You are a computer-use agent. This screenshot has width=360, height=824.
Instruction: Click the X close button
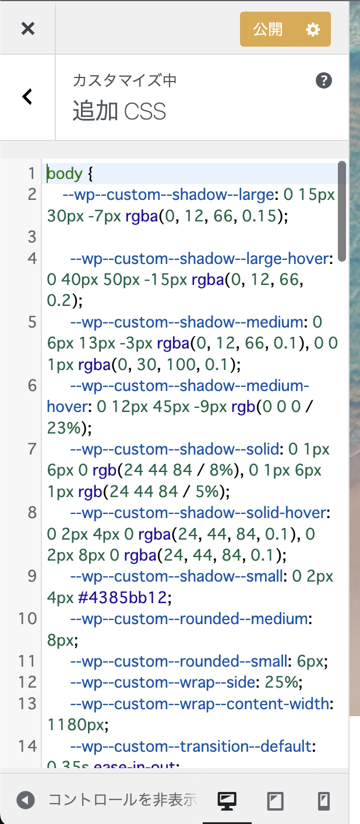pos(28,29)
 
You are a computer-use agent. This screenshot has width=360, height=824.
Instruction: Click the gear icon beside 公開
pos(313,29)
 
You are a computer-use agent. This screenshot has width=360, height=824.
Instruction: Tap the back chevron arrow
pos(27,97)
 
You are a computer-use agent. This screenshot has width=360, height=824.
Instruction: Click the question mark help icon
pos(324,80)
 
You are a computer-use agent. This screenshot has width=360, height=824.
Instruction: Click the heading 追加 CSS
pos(119,111)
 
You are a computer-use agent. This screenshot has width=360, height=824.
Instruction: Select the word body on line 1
pos(65,173)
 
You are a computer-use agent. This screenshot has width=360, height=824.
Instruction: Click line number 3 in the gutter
pos(33,237)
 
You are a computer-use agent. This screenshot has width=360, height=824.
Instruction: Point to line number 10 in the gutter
pos(28,618)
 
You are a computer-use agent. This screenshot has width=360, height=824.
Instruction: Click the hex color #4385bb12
pos(122,597)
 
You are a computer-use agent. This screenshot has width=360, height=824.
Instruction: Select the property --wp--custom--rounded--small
pos(179,661)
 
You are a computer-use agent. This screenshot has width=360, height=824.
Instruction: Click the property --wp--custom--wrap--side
pos(163,683)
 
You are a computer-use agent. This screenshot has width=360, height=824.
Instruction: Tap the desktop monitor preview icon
pos(227,801)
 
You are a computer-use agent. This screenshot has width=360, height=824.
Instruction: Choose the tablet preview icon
pos(276,801)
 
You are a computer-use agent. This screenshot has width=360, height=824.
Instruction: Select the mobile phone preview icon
pos(324,801)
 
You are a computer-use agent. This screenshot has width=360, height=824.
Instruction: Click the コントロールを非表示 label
pos(123,800)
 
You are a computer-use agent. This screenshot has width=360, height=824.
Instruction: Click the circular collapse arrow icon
pos(26,800)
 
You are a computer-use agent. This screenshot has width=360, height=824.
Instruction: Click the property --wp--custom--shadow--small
pos(177,576)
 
